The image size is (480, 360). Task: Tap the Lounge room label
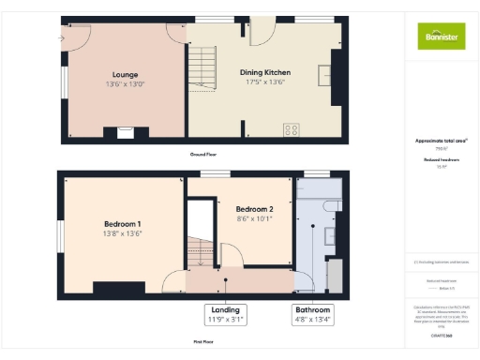(x=127, y=74)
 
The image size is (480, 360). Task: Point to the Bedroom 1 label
(x=122, y=224)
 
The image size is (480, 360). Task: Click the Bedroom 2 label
(x=254, y=208)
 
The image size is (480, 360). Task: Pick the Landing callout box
(x=226, y=312)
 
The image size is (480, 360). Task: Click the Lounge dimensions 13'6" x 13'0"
(x=127, y=83)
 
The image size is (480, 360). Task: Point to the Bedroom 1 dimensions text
(x=123, y=234)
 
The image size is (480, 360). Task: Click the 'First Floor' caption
(x=202, y=343)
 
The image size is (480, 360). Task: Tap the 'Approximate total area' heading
(x=442, y=141)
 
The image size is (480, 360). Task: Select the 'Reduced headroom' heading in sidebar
(x=441, y=160)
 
